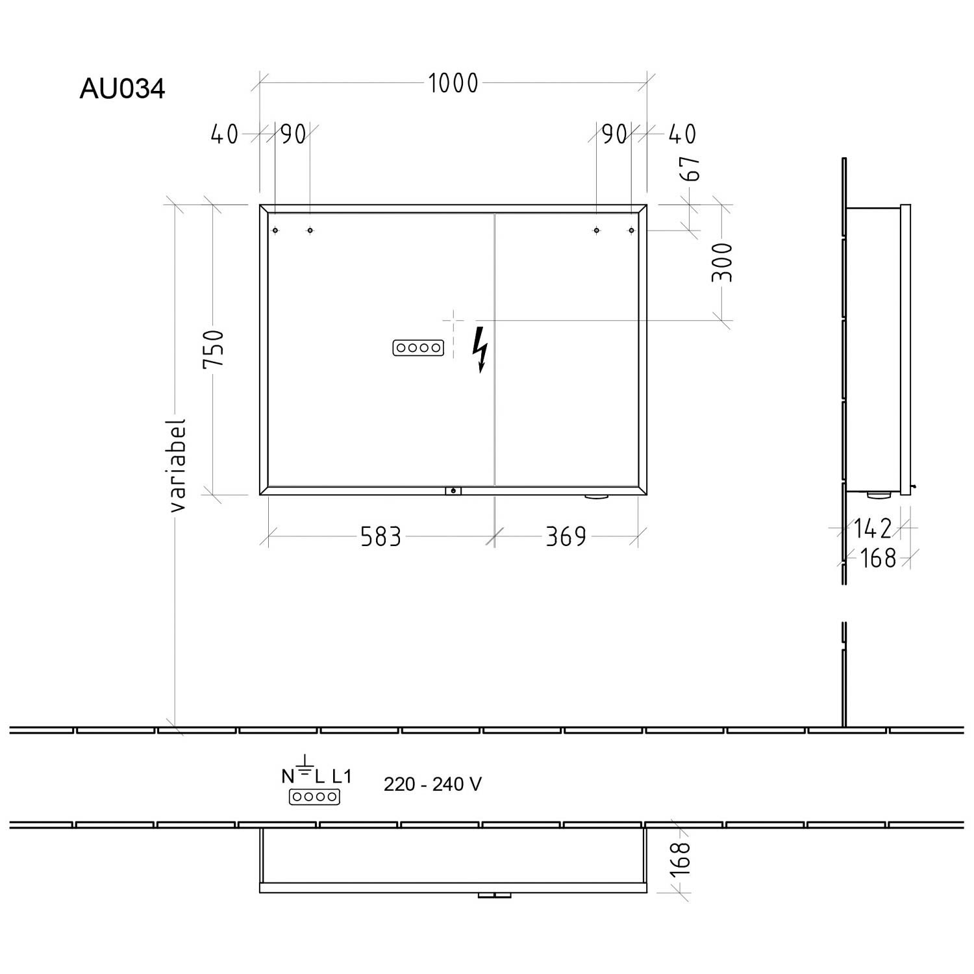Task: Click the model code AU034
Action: click(122, 89)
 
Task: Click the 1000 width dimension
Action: click(453, 83)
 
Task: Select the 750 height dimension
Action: click(214, 348)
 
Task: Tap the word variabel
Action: click(178, 465)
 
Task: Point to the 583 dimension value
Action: click(381, 537)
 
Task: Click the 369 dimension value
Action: click(566, 537)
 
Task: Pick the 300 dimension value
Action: click(722, 262)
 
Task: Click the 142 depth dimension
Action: click(873, 529)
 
